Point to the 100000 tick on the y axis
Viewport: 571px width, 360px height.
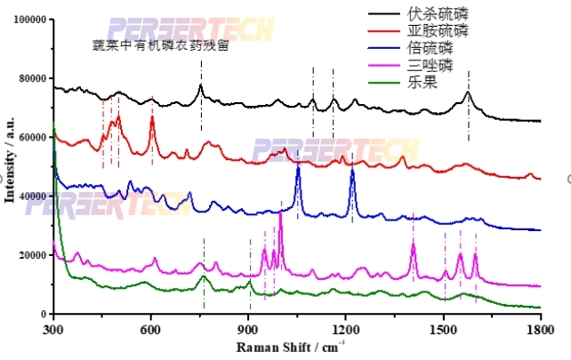pos(28,19)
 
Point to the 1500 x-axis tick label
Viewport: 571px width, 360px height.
pos(444,326)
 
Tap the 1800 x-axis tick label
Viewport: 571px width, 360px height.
pos(541,326)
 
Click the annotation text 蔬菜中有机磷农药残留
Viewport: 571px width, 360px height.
pos(160,45)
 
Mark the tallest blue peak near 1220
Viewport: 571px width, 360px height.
pos(353,170)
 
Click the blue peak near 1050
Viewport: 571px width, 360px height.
pos(298,169)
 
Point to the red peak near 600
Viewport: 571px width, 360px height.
pos(152,116)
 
